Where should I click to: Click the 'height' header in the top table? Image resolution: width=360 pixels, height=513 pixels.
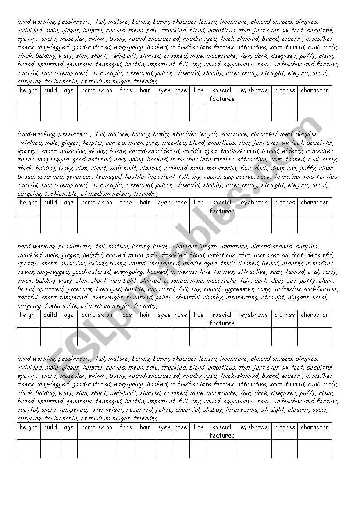coord(29,90)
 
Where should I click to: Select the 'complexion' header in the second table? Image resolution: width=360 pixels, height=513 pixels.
coord(97,203)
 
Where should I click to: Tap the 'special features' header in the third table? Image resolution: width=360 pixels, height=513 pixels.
coord(222,319)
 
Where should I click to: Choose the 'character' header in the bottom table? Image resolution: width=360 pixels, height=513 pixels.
coord(314,427)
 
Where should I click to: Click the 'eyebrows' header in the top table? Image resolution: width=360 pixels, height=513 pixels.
coord(254,90)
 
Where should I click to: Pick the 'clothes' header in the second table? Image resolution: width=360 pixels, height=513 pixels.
coord(285,203)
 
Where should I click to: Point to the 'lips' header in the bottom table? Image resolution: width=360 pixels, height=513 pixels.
coord(199,427)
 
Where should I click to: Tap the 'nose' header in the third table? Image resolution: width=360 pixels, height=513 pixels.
coord(181,315)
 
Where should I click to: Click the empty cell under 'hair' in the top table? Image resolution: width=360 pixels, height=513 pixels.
coord(145,112)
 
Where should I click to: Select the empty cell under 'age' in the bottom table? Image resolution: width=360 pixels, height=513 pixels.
coord(69,448)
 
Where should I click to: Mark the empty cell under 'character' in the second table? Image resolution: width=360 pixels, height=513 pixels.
coord(314,224)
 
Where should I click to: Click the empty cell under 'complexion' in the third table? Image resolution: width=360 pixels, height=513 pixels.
coord(97,337)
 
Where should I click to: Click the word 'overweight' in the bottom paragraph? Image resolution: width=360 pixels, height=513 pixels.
coord(107,410)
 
